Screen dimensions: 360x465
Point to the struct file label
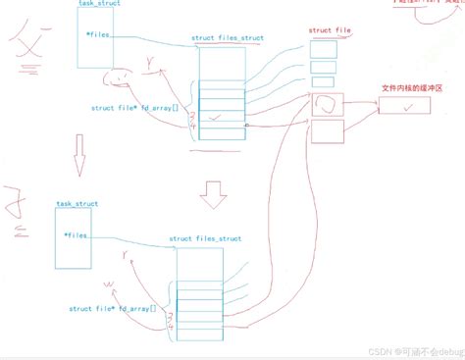(x=331, y=31)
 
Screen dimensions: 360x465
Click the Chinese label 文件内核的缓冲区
(x=413, y=88)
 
